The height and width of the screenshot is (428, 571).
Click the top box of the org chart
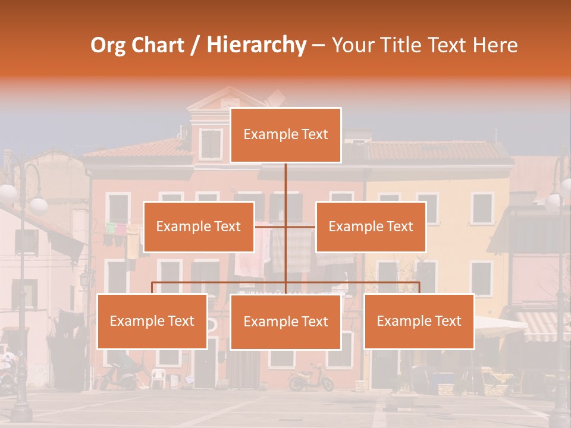point(285,135)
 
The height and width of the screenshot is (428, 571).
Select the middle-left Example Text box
point(198,226)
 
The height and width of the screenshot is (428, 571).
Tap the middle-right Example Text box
point(371,226)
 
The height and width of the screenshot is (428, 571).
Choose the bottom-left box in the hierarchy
point(152,321)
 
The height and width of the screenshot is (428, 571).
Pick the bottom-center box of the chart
point(285,322)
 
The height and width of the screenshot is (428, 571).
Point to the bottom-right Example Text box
point(419,321)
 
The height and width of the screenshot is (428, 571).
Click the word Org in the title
point(108,45)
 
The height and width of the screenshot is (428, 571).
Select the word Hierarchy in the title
point(256,45)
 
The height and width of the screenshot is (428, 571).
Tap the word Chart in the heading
point(157,45)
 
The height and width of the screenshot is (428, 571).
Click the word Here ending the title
point(495,45)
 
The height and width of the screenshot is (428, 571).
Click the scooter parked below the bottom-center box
point(311,377)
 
